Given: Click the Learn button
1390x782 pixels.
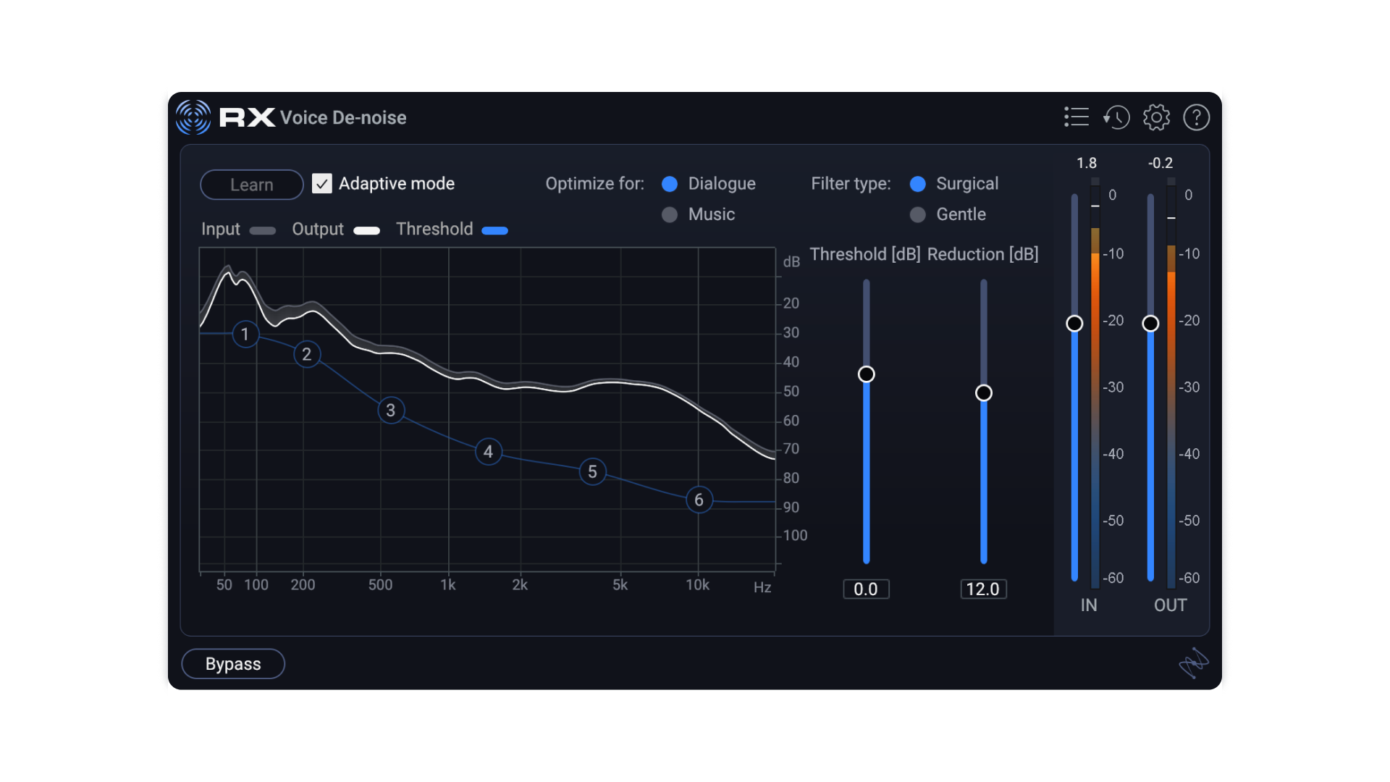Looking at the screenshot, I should pyautogui.click(x=251, y=185).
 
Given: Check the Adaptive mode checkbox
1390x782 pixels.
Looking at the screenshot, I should pyautogui.click(x=322, y=184).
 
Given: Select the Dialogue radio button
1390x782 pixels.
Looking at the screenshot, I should pyautogui.click(x=670, y=184).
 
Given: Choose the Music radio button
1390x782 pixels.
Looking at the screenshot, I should pyautogui.click(x=670, y=215).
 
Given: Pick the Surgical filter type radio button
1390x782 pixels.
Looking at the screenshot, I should pyautogui.click(x=917, y=184).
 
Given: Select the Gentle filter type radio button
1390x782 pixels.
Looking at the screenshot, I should pyautogui.click(x=917, y=215).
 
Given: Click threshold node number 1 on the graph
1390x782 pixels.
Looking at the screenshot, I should pyautogui.click(x=245, y=334).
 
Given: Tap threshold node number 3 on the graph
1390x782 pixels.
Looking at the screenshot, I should pyautogui.click(x=391, y=411).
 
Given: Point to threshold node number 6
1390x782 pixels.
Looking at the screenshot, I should pyautogui.click(x=699, y=500).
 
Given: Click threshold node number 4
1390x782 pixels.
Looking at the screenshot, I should pyautogui.click(x=489, y=452).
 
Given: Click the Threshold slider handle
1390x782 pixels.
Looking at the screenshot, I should pyautogui.click(x=866, y=374).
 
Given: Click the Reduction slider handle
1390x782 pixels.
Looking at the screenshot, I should pyautogui.click(x=983, y=392).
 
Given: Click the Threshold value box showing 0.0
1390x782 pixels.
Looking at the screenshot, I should pyautogui.click(x=866, y=589).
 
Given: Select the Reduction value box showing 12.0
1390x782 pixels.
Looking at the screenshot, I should pyautogui.click(x=983, y=589).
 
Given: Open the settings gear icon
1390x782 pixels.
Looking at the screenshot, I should pyautogui.click(x=1156, y=117).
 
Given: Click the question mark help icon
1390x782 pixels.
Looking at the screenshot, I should pyautogui.click(x=1196, y=117).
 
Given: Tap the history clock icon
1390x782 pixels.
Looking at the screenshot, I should pyautogui.click(x=1116, y=117).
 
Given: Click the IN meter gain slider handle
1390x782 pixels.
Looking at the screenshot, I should pyautogui.click(x=1074, y=324).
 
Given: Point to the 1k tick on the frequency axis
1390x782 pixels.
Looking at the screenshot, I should pyautogui.click(x=448, y=584).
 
